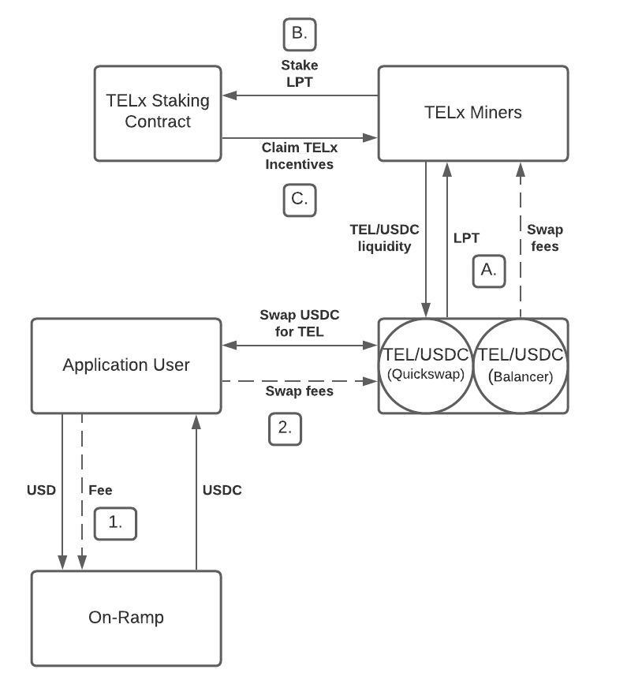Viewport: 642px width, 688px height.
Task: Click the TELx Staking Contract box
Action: pyautogui.click(x=158, y=113)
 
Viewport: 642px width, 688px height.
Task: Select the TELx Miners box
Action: pyautogui.click(x=472, y=113)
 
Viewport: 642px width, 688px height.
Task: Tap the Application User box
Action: pyautogui.click(x=126, y=365)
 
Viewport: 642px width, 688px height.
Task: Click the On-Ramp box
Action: pyautogui.click(x=126, y=618)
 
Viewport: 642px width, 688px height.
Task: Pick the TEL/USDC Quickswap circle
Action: pyautogui.click(x=426, y=365)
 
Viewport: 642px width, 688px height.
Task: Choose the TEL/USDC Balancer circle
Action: pyautogui.click(x=521, y=365)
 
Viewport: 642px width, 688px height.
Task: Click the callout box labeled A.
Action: pyautogui.click(x=488, y=270)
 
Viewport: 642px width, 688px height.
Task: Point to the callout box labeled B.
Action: pyautogui.click(x=299, y=33)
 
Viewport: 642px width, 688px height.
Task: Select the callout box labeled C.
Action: pyautogui.click(x=299, y=199)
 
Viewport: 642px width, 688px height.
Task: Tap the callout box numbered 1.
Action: pyautogui.click(x=115, y=523)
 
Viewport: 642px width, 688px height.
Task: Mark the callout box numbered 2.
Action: pyautogui.click(x=285, y=428)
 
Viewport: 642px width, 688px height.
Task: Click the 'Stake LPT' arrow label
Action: pyautogui.click(x=299, y=73)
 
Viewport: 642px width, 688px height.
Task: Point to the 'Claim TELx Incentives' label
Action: pyautogui.click(x=299, y=156)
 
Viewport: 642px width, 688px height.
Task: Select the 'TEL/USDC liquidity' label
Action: pyautogui.click(x=384, y=237)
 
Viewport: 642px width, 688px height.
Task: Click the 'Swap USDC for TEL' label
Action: pyautogui.click(x=299, y=323)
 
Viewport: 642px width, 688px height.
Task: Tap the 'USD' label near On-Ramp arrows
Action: pyautogui.click(x=41, y=490)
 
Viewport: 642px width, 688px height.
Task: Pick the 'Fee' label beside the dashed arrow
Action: pyautogui.click(x=100, y=490)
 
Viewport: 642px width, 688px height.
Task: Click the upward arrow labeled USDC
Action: pyautogui.click(x=196, y=505)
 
